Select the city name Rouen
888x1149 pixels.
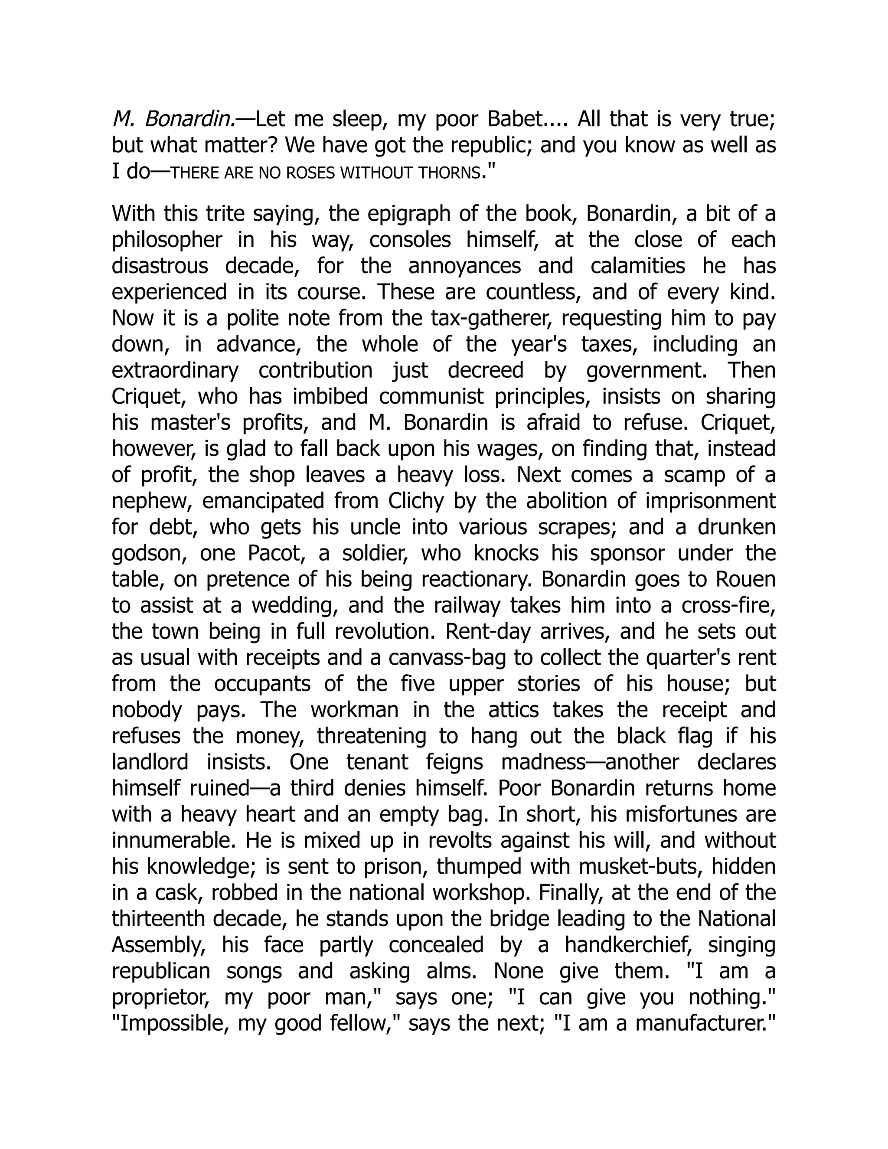745,580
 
